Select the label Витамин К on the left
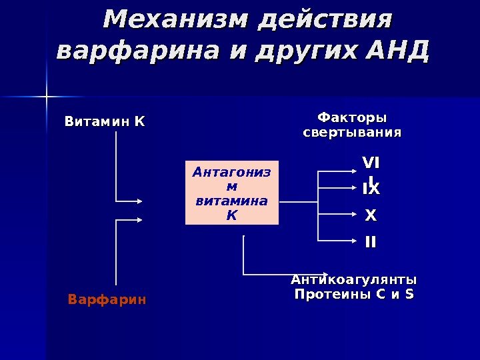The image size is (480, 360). coord(104,122)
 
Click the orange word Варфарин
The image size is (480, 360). coord(107,300)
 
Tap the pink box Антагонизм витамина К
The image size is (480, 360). coord(231,193)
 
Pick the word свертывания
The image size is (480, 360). coord(352,133)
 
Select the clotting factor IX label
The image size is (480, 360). coord(371,189)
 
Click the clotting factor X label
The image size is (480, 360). coord(371,216)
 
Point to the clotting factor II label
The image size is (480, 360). coord(370,241)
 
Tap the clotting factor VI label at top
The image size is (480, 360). coord(371,163)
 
